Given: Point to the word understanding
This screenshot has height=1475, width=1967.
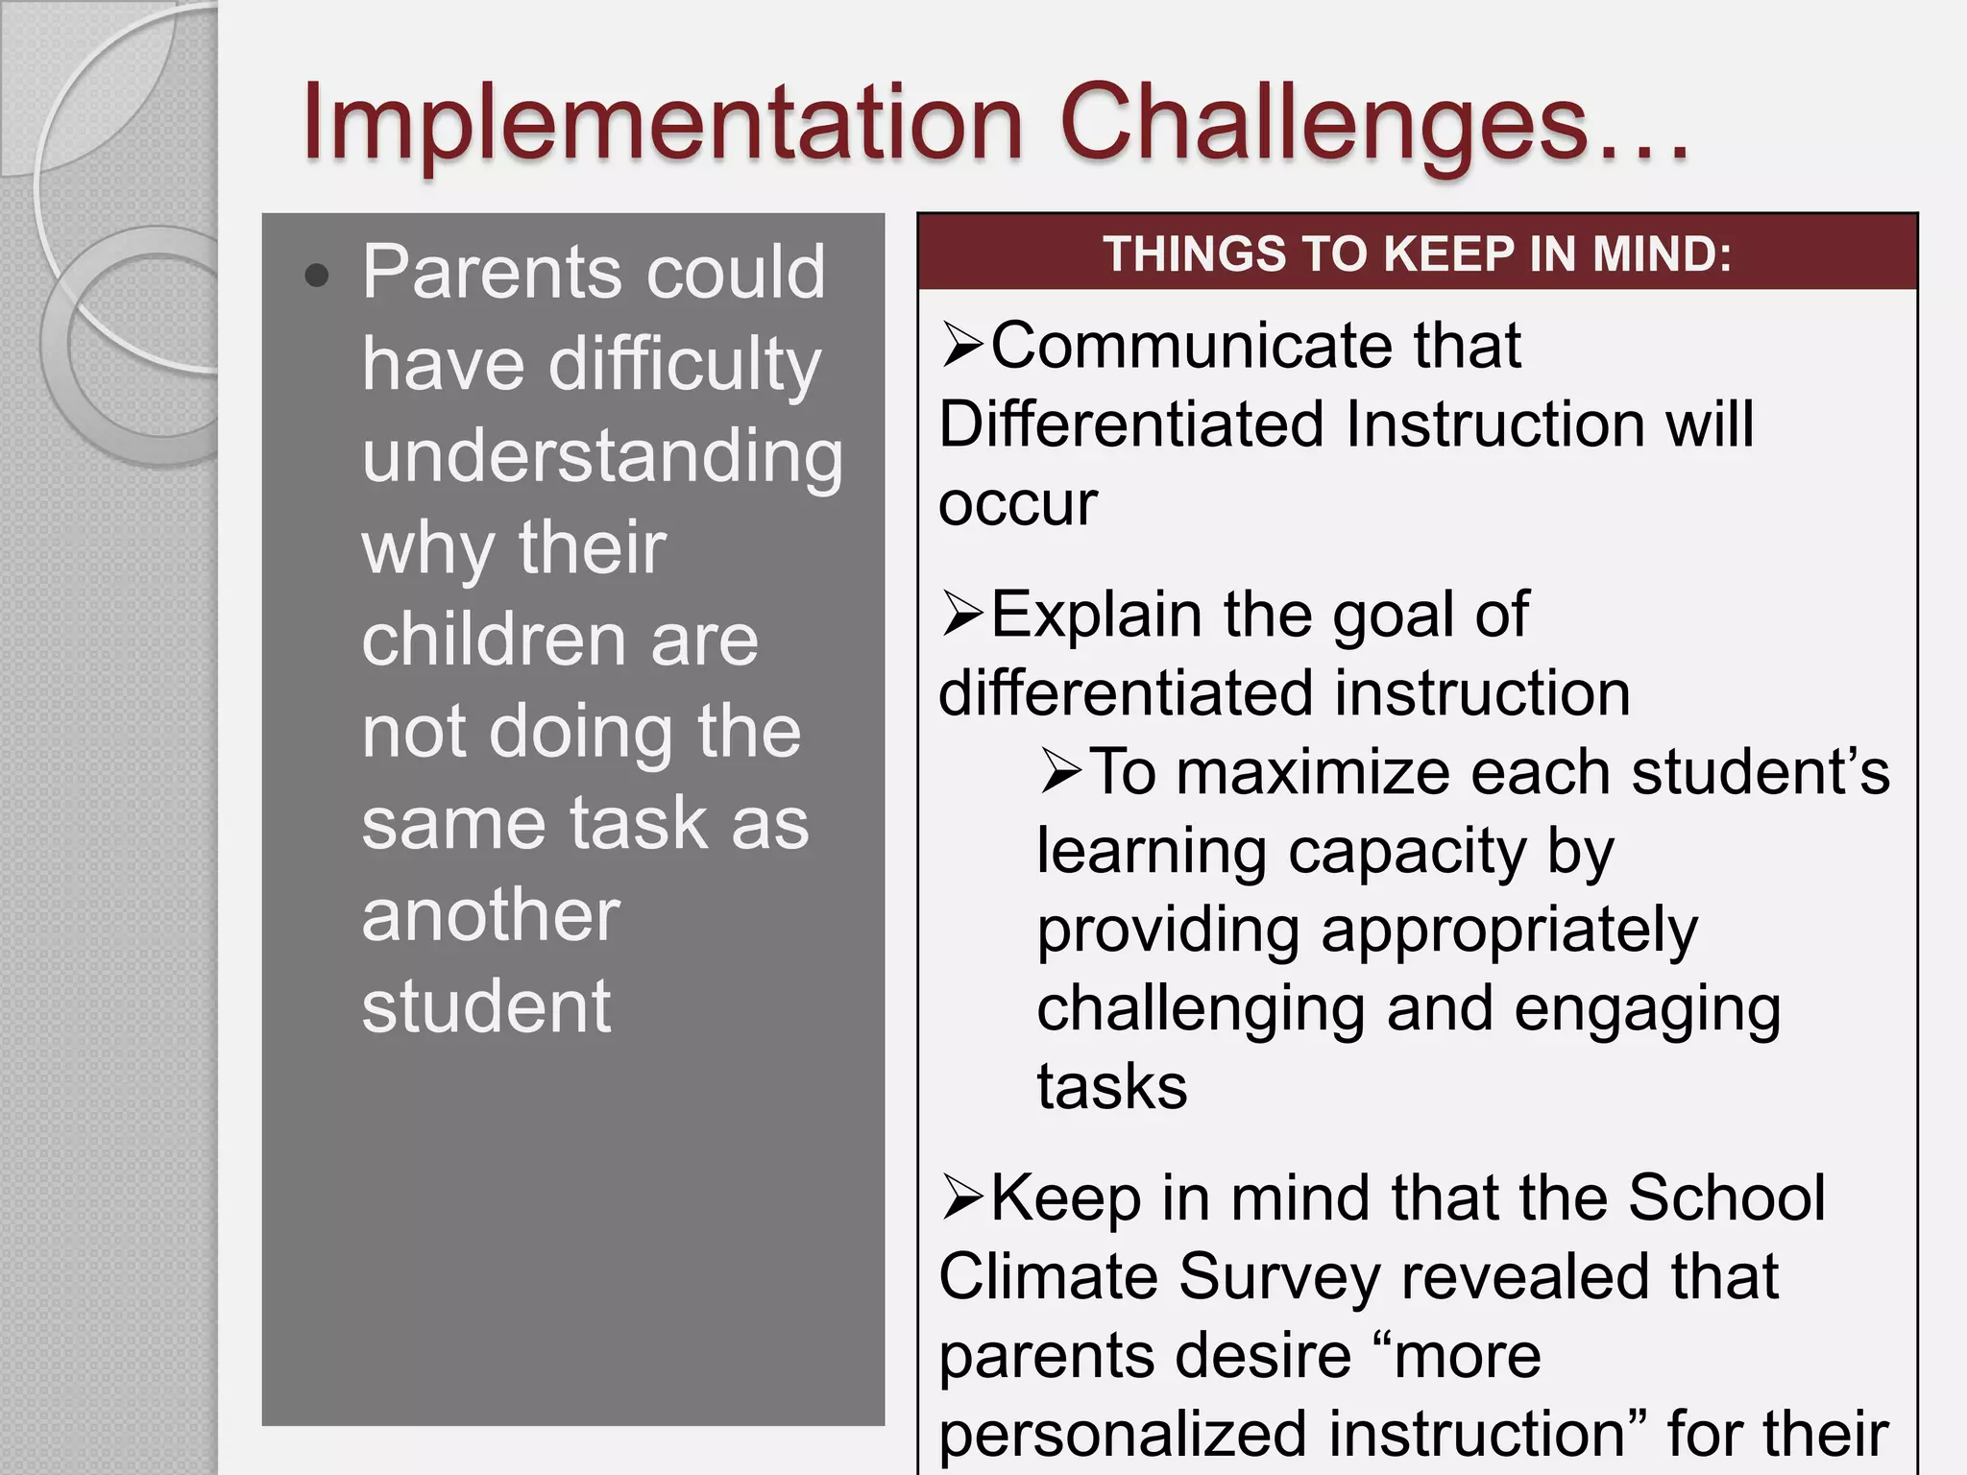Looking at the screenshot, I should point(602,457).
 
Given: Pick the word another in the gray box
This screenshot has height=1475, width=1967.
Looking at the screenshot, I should point(491,916).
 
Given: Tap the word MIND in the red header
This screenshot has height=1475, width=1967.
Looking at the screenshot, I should point(1661,254).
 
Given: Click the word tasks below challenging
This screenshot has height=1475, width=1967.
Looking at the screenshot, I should point(1112,1088).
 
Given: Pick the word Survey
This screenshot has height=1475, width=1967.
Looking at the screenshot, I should point(1280,1278).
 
